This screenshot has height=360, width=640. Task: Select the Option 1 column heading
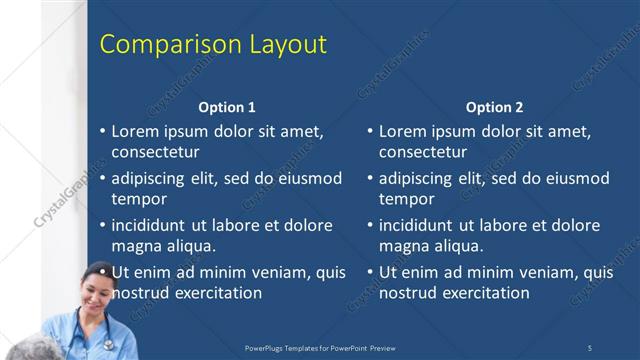[227, 107]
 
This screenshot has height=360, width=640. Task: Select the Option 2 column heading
[494, 107]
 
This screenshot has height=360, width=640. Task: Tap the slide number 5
[589, 347]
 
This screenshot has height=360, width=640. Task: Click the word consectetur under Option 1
[155, 152]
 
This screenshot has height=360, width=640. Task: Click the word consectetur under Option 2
[422, 152]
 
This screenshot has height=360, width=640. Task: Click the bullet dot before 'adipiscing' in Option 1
[103, 179]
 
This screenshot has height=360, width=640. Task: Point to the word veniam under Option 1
[284, 272]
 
